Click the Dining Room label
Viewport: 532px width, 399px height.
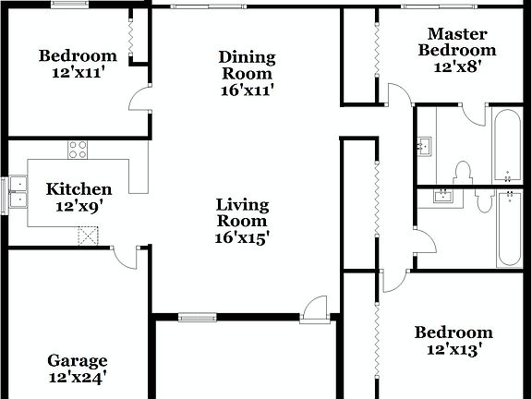(247, 66)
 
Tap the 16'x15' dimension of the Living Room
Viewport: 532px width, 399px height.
(243, 236)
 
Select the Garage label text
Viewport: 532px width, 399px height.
(78, 361)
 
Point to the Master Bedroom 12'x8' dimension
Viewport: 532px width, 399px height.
(457, 66)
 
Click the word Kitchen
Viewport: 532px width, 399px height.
(79, 189)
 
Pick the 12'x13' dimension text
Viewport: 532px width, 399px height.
(453, 349)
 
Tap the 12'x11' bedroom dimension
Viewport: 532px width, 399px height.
(78, 72)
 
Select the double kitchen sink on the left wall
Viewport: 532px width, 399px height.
(16, 194)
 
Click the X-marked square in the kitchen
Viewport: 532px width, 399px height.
(89, 236)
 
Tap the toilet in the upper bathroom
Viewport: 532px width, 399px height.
(464, 172)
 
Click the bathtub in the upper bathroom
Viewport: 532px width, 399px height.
(507, 146)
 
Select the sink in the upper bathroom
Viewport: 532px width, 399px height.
(426, 146)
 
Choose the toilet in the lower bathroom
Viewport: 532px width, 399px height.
(483, 199)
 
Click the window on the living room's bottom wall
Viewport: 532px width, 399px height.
(197, 318)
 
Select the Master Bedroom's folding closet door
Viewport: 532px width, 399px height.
(376, 55)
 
